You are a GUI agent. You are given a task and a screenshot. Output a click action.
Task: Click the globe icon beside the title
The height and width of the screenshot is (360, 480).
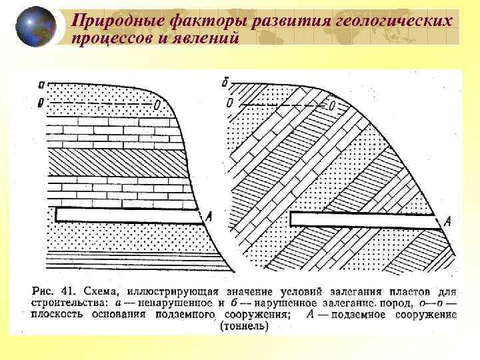point(37,27)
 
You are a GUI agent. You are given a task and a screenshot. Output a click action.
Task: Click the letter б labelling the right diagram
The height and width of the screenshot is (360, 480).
point(229,83)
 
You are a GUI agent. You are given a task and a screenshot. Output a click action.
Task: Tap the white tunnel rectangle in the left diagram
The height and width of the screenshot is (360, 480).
point(127,215)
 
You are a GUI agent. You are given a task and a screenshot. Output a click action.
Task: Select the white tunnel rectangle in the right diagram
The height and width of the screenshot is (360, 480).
point(363,219)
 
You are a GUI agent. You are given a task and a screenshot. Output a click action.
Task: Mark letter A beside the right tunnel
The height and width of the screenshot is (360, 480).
point(447,221)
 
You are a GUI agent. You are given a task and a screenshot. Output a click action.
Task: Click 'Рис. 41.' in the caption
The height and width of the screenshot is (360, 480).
point(53,292)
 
